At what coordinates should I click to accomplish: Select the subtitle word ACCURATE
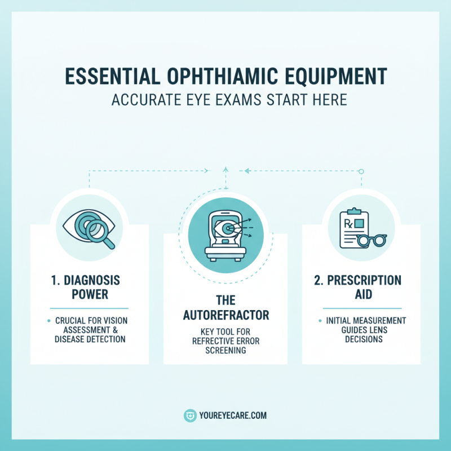144,100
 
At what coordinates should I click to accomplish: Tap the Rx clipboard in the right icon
353,227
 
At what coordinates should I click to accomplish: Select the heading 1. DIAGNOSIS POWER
89,288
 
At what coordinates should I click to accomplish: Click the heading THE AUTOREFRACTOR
225,307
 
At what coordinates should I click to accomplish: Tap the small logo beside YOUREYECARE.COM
190,416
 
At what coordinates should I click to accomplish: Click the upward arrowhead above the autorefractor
225,168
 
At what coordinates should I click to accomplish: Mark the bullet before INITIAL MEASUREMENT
320,321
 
